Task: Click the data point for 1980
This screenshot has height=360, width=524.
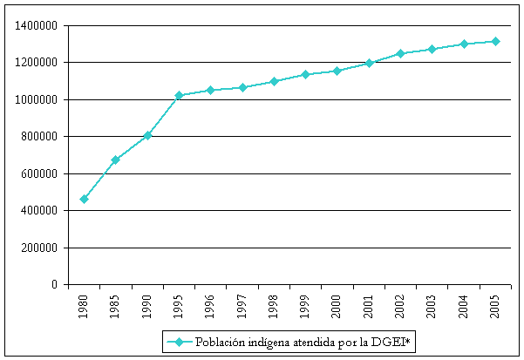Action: pos(84,199)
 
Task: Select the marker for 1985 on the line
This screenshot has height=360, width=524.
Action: pos(115,160)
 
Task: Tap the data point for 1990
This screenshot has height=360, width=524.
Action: pos(147,135)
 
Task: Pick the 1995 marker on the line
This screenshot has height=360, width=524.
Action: pos(179,95)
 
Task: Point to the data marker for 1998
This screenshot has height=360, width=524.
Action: pos(274,81)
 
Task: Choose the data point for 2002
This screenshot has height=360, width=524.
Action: pos(401,53)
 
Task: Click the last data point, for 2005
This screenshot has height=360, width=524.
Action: pos(496,41)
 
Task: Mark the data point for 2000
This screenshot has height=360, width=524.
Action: pos(337,71)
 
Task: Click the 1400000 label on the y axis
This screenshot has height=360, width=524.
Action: pos(36,25)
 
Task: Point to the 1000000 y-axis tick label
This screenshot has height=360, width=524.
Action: pos(36,99)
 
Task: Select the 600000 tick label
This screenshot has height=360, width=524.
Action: pos(38,173)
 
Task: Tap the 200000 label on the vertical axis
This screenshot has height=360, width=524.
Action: pos(38,248)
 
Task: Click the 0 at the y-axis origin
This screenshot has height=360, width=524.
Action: pos(54,285)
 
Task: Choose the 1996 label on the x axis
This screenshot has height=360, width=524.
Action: pos(211,307)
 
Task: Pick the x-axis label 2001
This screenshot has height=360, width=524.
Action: pos(370,307)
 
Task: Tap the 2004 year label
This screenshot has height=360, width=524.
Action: pos(465,307)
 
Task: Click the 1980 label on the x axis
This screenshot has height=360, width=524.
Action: pos(84,307)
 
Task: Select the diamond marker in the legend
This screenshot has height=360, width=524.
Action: pos(179,342)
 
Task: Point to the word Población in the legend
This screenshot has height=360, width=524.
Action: pos(218,342)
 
